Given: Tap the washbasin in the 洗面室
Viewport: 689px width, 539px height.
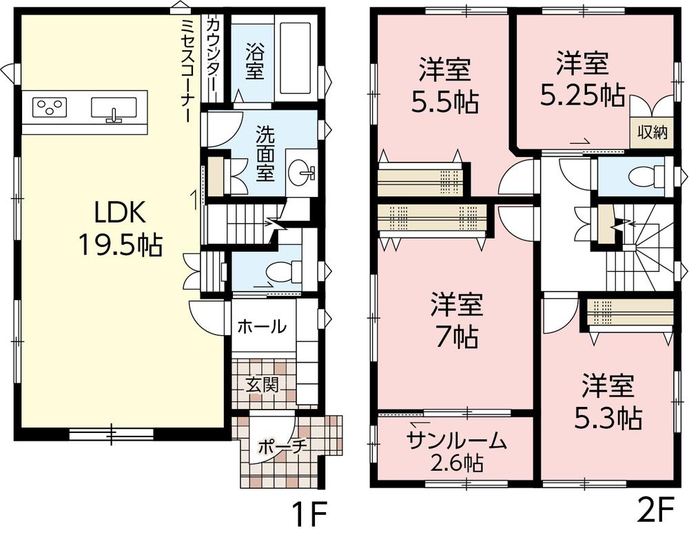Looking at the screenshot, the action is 301,171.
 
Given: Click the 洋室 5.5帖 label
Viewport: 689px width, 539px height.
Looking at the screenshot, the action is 445,87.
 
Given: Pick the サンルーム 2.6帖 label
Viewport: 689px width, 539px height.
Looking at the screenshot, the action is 456,452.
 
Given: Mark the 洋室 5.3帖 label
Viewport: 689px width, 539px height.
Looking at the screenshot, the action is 606,401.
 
